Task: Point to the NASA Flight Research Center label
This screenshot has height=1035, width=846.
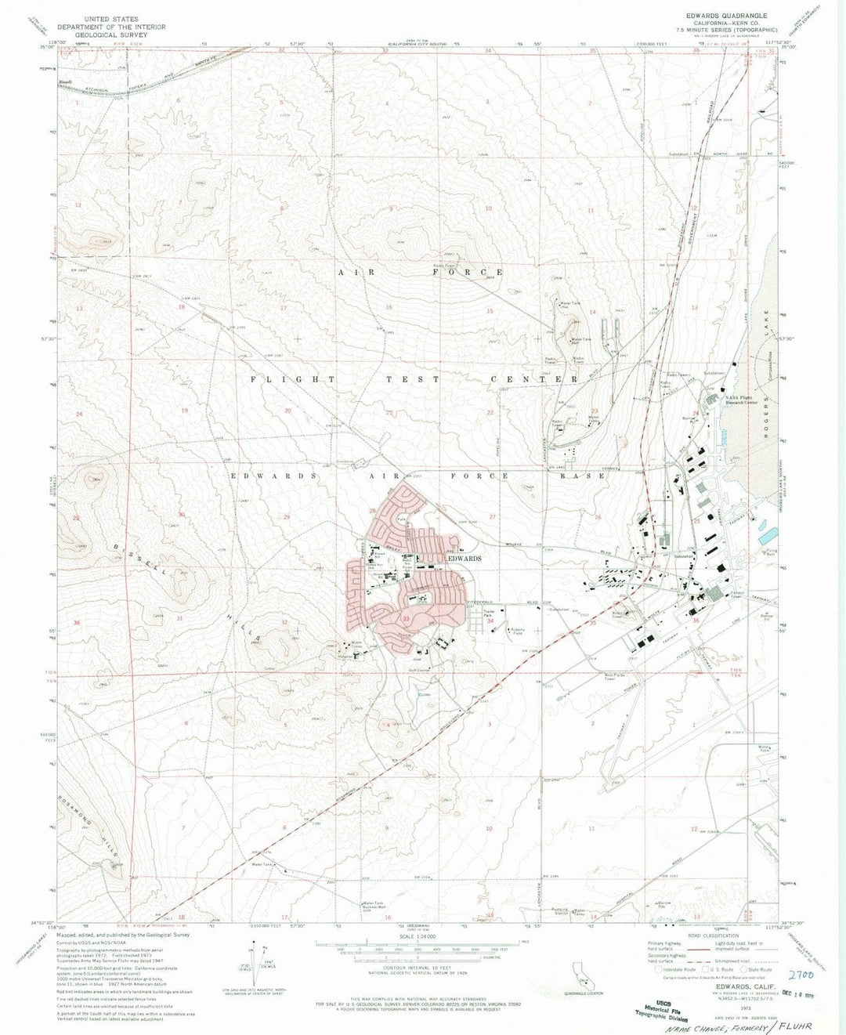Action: [740, 400]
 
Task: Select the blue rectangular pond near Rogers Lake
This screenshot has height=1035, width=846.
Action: [768, 536]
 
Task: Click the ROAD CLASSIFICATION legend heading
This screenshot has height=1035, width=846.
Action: [715, 936]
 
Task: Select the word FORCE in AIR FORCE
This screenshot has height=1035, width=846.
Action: [467, 272]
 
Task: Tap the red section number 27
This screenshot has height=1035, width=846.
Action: [492, 517]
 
